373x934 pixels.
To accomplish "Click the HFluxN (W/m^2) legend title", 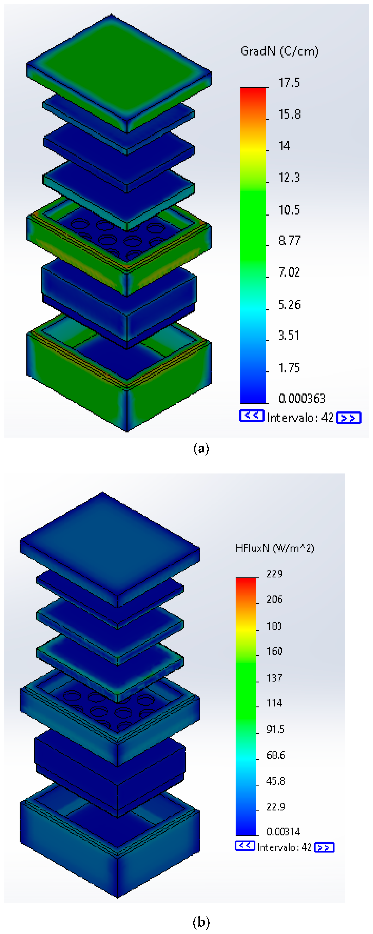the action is (x=275, y=548).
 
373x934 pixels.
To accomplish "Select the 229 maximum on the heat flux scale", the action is (x=274, y=574).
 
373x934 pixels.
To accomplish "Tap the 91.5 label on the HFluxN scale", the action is (x=275, y=729).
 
